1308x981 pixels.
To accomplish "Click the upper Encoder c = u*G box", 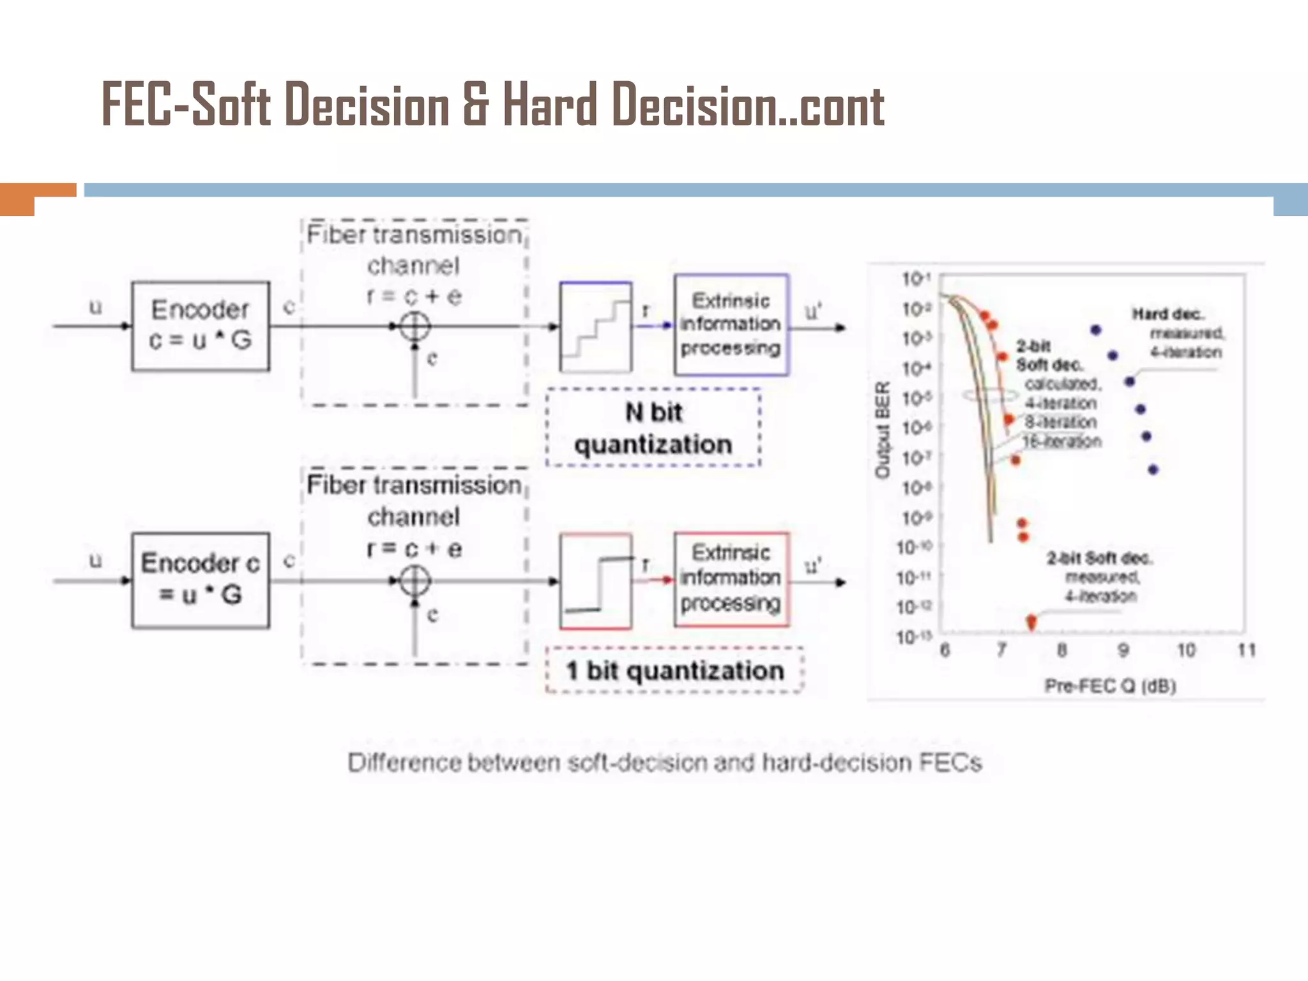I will (201, 326).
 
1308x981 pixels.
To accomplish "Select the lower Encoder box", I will (201, 580).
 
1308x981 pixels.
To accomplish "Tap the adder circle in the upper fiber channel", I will (414, 326).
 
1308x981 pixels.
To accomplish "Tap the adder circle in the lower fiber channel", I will (414, 581).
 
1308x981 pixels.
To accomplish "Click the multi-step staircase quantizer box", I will (596, 326).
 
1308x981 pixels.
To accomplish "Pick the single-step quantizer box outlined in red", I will (596, 581).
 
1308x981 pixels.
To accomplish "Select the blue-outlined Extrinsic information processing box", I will (731, 324).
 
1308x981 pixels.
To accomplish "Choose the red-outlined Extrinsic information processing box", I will (731, 579).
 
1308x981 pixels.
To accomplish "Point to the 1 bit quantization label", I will (674, 671).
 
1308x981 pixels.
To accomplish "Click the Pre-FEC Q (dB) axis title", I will (1110, 686).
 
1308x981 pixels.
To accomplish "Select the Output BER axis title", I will (882, 429).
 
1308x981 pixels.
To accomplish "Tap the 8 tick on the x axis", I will (1061, 650).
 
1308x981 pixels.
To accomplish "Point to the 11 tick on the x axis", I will (1246, 650).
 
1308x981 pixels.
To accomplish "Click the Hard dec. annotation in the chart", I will (1167, 314).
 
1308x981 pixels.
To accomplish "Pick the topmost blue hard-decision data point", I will (1096, 330).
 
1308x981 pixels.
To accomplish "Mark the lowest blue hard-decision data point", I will (1153, 470).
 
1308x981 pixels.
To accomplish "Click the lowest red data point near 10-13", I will (1031, 621).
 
